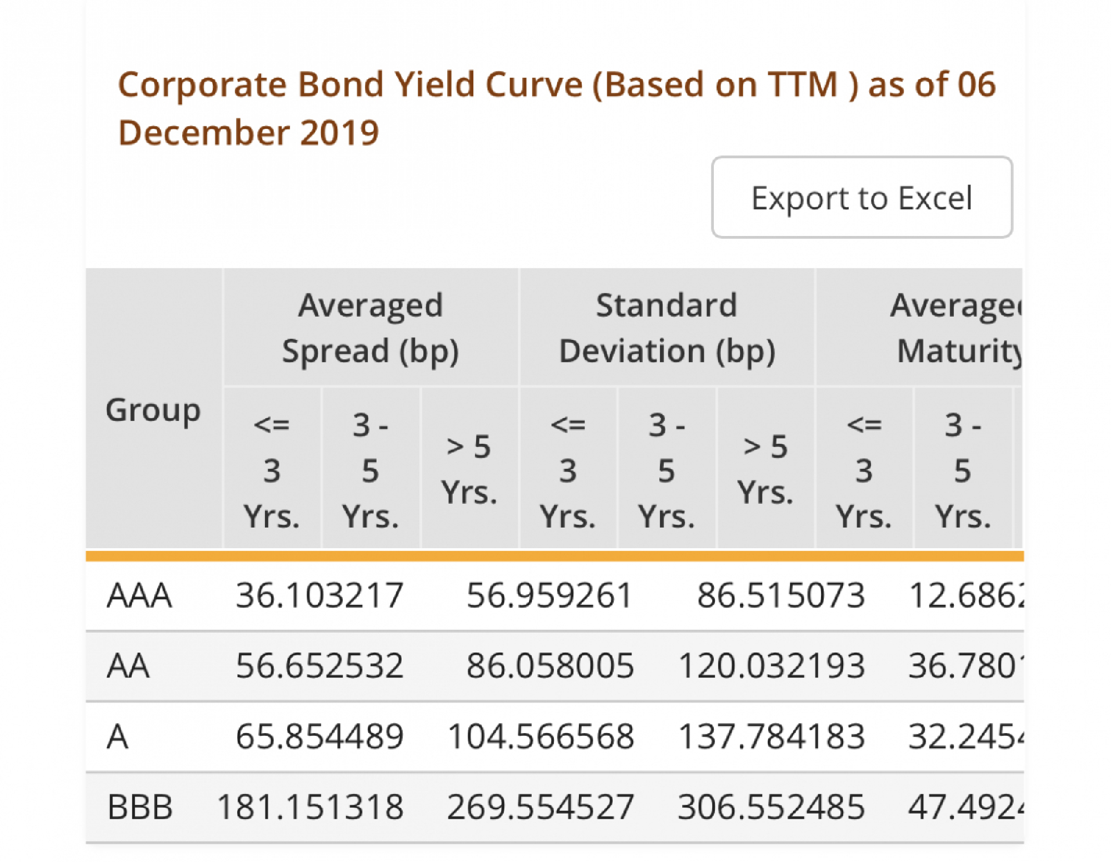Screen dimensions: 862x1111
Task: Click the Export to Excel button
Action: pos(862,198)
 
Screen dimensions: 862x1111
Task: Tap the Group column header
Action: pos(153,410)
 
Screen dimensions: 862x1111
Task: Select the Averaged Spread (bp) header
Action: pos(371,328)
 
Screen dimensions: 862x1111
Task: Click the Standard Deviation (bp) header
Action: pos(667,328)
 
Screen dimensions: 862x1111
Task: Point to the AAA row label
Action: pos(139,595)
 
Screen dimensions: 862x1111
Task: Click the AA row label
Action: pos(128,665)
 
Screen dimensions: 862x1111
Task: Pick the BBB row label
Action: pos(140,806)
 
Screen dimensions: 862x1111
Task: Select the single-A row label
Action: pos(118,736)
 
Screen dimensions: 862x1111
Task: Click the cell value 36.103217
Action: pos(319,595)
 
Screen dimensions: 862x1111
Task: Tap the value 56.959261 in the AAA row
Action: pos(550,595)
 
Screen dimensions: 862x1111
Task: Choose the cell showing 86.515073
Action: pos(781,595)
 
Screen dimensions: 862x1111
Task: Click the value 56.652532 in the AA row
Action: pos(319,665)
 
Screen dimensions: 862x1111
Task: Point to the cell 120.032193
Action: pos(772,665)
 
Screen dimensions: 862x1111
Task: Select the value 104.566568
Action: pos(541,736)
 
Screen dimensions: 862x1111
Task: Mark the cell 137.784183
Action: pos(772,736)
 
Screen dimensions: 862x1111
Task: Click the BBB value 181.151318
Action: pos(310,806)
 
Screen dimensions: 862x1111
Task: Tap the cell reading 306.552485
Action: pos(772,806)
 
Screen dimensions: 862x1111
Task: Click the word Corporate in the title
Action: pos(203,85)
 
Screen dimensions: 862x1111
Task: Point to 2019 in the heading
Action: pos(339,133)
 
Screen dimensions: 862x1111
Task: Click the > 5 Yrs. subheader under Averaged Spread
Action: pos(469,469)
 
